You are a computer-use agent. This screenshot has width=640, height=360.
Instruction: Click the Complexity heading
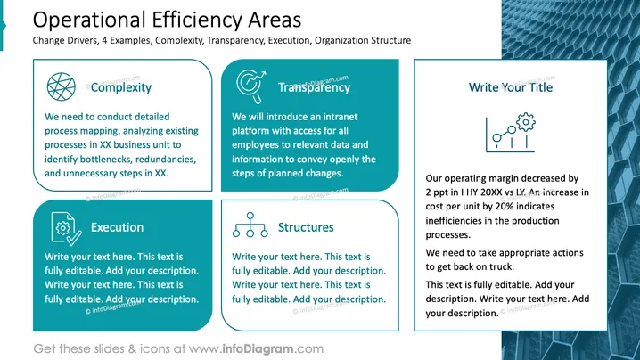click(121, 87)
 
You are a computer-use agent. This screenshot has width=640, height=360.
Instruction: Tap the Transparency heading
click(314, 87)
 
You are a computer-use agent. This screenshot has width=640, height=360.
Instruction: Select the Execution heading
click(117, 227)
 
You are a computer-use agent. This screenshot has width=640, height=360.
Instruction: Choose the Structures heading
click(306, 227)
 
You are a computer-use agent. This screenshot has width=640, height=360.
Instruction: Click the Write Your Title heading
click(511, 87)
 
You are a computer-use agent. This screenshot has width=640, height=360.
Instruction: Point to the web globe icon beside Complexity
click(62, 86)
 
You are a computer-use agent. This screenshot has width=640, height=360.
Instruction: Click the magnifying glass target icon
click(250, 86)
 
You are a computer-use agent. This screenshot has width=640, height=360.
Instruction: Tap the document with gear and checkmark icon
click(66, 229)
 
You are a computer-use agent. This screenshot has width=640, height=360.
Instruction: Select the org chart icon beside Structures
click(250, 225)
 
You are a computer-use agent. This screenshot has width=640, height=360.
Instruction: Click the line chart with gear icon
click(510, 133)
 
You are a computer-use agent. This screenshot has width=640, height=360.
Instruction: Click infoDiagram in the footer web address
click(258, 349)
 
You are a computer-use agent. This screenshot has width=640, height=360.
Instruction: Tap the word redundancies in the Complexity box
click(166, 160)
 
